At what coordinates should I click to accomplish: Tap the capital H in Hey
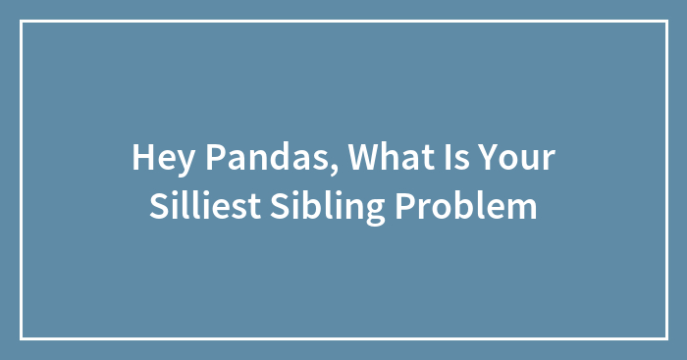pos(141,157)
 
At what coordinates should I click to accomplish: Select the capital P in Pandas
pos(202,157)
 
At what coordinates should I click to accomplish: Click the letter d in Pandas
pos(256,157)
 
